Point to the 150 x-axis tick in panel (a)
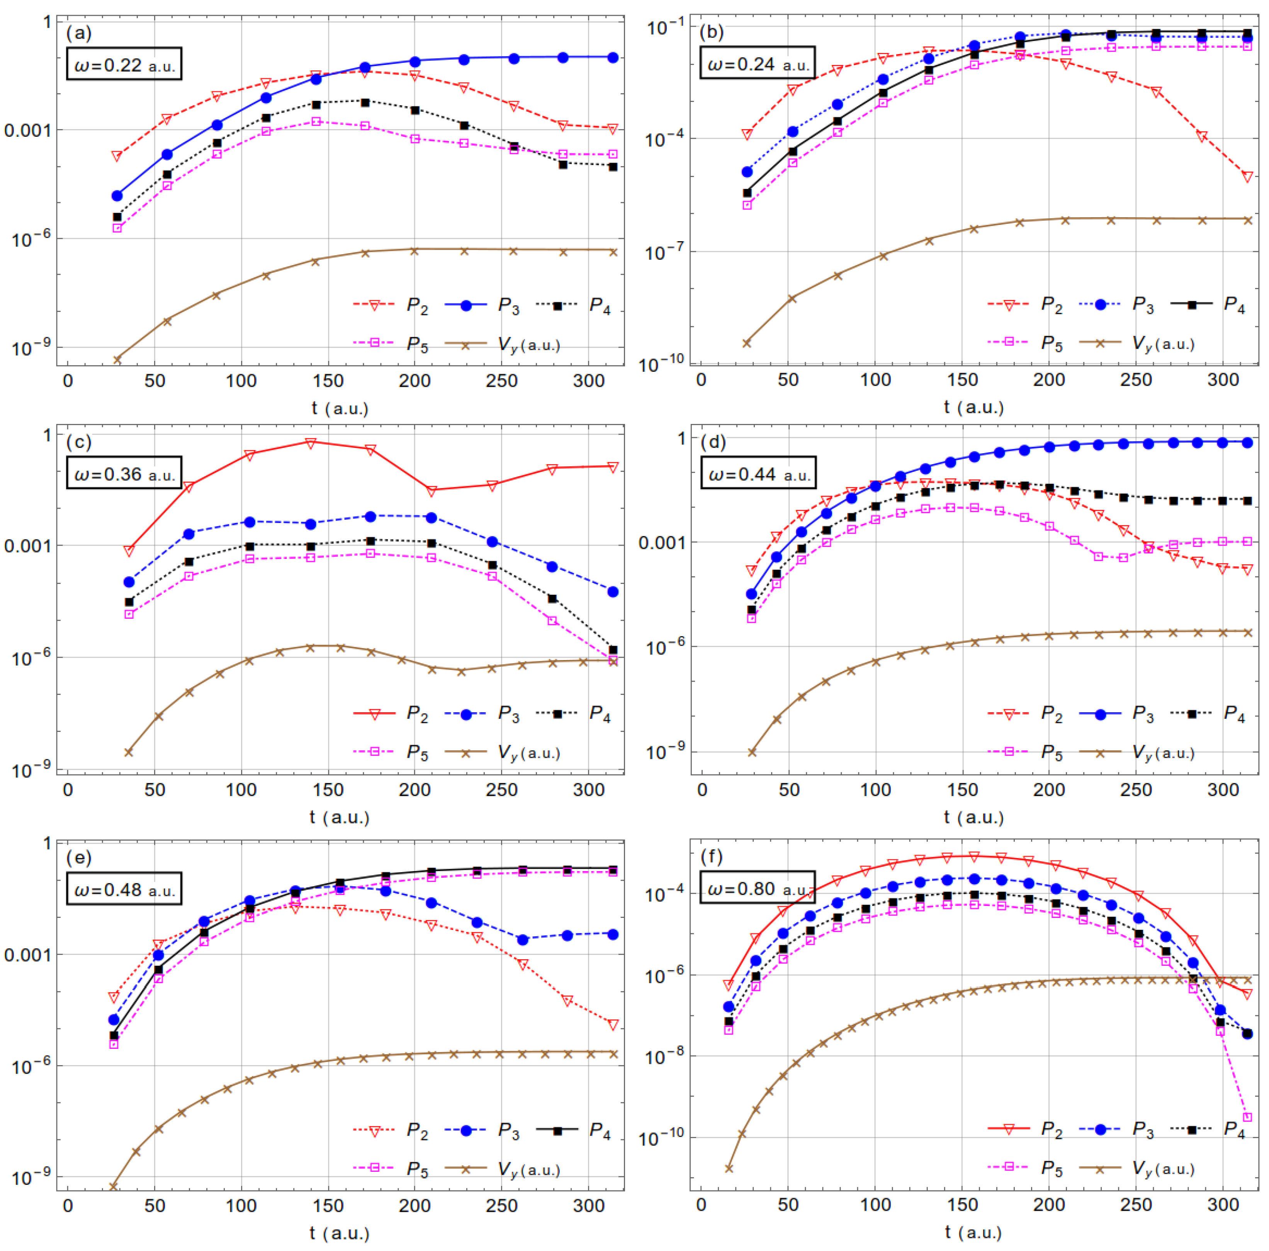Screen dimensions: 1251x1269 (328, 381)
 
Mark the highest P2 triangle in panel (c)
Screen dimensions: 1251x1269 (311, 443)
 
